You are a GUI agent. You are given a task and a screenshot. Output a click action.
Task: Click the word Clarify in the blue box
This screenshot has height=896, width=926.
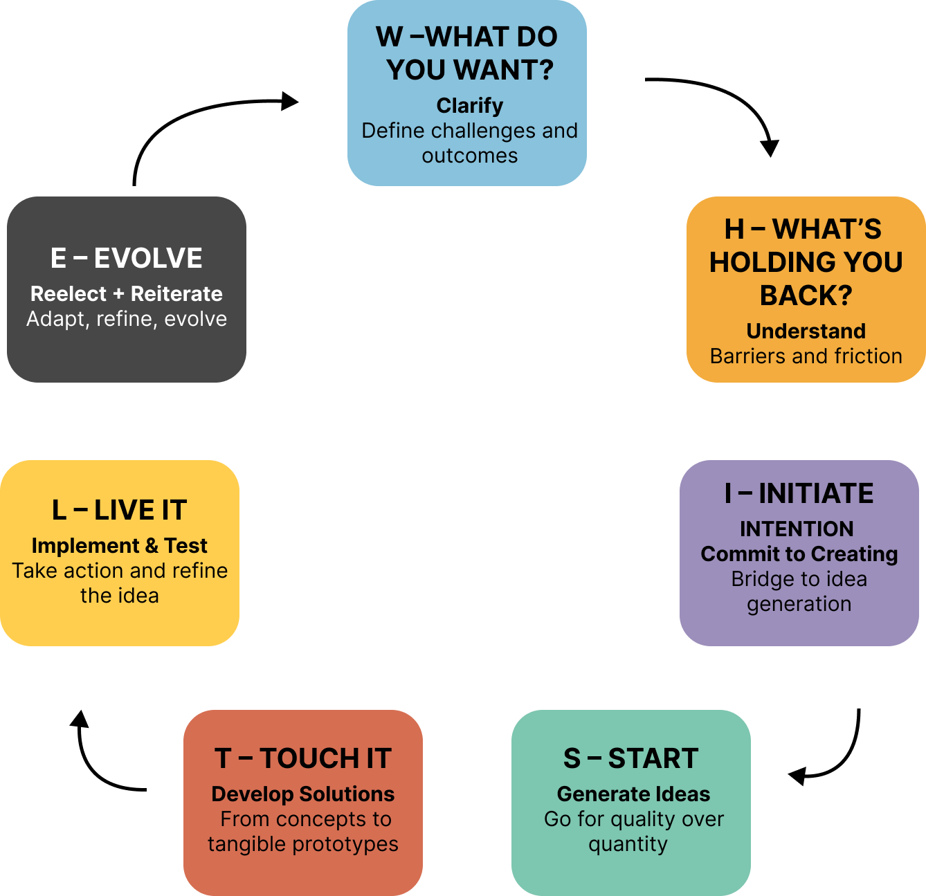click(x=469, y=106)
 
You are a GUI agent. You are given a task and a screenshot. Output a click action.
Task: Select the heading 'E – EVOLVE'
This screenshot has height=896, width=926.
click(x=127, y=258)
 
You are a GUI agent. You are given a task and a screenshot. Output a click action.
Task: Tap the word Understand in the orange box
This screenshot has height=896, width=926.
click(x=806, y=331)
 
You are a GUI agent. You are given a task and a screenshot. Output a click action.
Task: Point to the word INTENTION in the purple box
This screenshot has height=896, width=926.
click(x=797, y=529)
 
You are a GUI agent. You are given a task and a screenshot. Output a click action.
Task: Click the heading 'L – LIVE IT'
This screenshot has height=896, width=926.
click(x=120, y=510)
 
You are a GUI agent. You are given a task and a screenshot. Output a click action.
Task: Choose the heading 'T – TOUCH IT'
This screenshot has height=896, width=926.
click(x=303, y=758)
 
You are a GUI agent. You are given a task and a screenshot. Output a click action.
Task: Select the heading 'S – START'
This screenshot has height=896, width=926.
click(x=630, y=758)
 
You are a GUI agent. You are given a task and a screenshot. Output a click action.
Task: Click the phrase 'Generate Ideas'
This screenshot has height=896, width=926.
click(x=633, y=794)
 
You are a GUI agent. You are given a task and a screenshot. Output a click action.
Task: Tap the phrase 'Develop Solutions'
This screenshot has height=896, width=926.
click(x=303, y=794)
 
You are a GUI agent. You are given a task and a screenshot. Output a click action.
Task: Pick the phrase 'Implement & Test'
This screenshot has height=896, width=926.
click(x=120, y=546)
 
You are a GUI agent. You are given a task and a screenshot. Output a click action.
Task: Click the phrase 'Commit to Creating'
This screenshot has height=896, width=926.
click(x=799, y=554)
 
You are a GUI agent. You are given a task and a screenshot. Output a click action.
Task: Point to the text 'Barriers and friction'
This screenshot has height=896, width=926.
click(x=806, y=356)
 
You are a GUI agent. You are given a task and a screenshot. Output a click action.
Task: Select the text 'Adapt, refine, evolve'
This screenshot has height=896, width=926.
click(x=127, y=319)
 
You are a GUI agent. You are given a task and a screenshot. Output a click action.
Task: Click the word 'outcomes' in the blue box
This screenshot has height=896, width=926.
click(x=469, y=156)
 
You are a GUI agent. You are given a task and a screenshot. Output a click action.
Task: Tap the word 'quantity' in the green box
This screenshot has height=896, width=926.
click(x=628, y=844)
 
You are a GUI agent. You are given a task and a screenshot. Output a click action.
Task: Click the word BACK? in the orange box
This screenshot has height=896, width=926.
click(x=806, y=295)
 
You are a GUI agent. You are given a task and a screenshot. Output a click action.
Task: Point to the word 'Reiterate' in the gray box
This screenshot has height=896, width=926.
click(x=176, y=294)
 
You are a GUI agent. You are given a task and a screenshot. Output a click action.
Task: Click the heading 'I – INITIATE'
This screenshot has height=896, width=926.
click(x=799, y=493)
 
